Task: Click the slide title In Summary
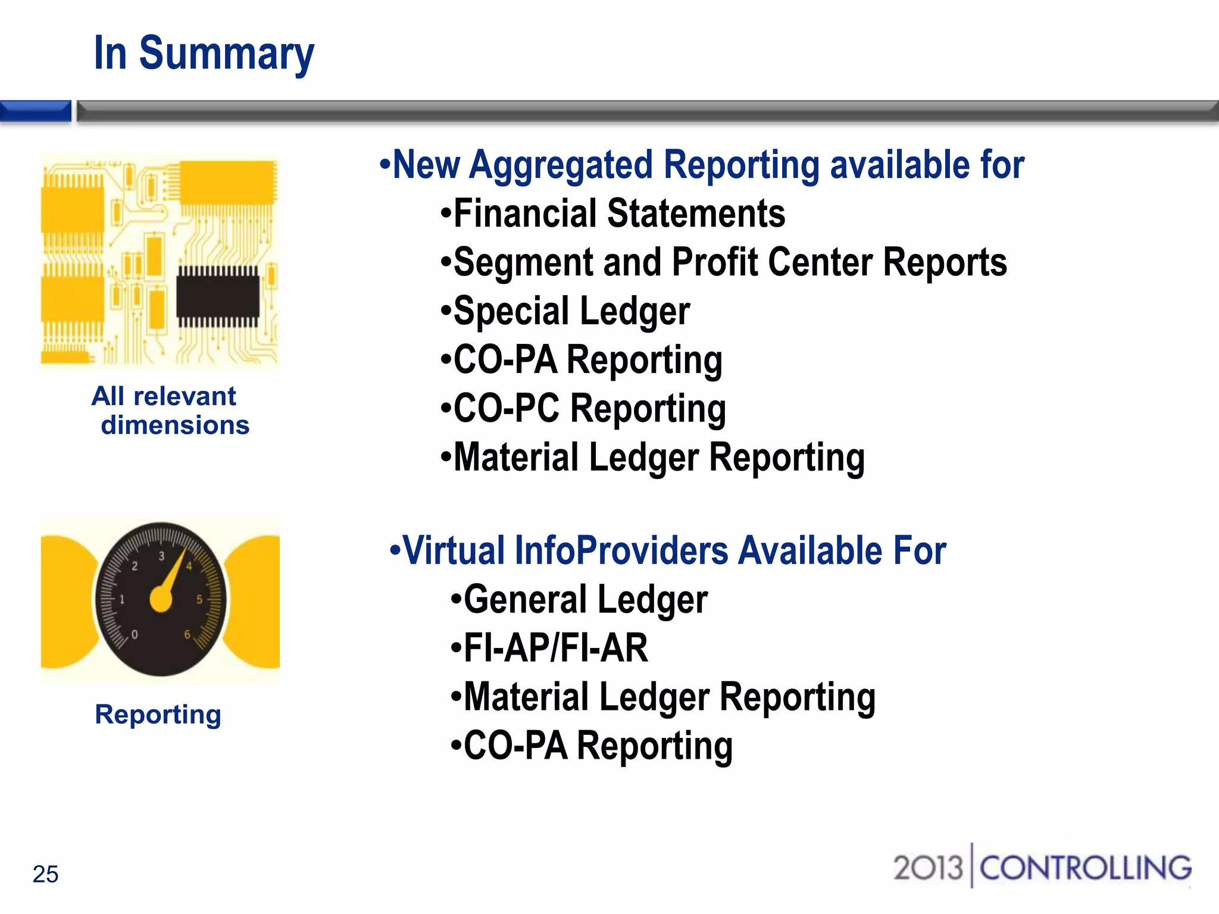point(204,54)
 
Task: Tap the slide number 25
point(45,874)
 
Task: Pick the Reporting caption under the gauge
point(158,714)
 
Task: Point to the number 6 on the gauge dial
point(187,634)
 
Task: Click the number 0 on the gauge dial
point(135,634)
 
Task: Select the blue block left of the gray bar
point(35,111)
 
